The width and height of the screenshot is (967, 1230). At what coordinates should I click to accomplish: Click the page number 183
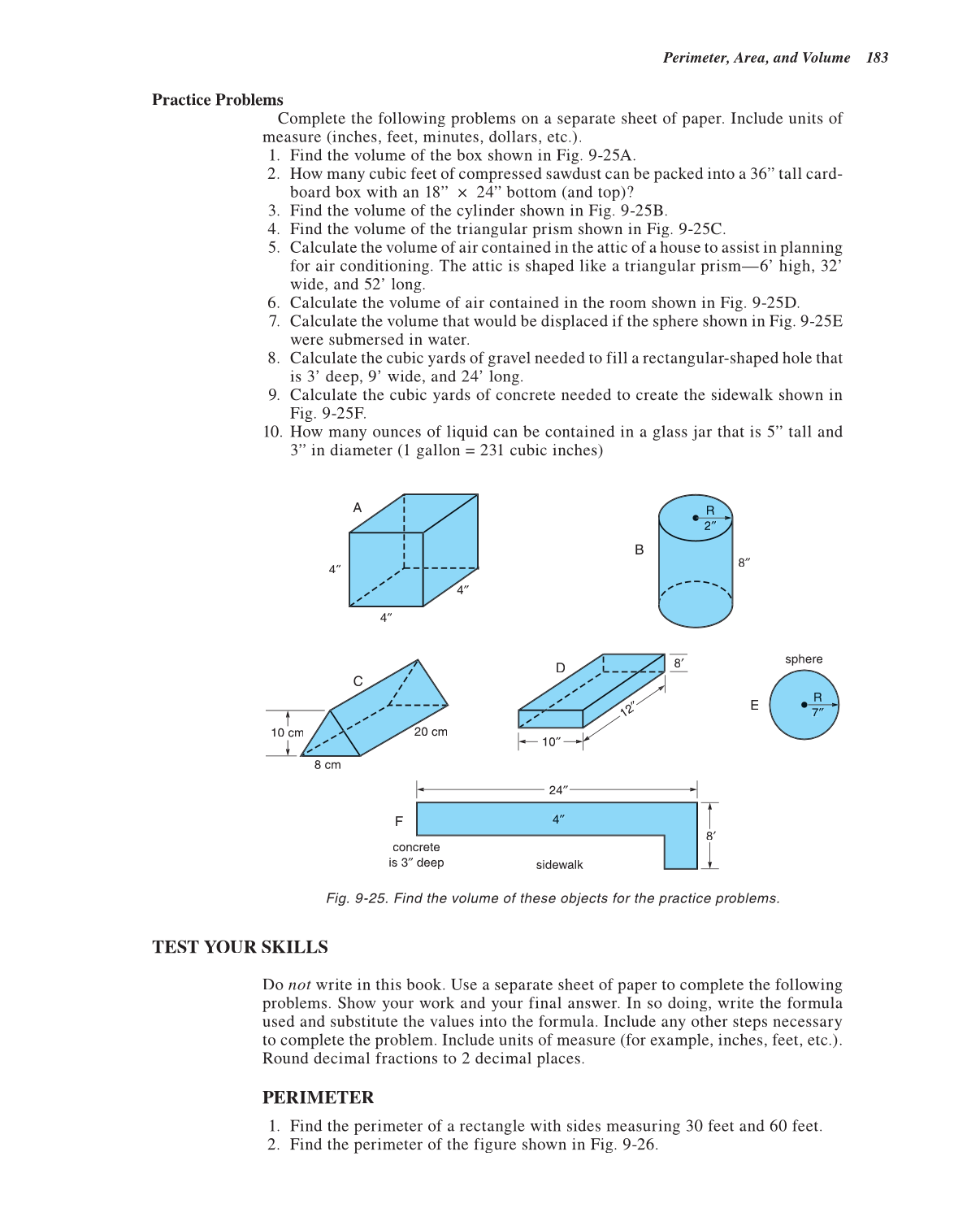[x=877, y=58]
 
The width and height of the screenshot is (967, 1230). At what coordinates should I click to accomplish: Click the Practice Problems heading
[x=218, y=100]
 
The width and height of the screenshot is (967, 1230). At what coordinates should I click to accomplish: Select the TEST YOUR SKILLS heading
[x=240, y=947]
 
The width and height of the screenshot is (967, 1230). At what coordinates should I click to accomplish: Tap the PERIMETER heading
[x=318, y=1097]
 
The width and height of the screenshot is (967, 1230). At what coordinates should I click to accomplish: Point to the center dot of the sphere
[x=804, y=705]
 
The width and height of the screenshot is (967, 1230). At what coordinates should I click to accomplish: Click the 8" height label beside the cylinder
[x=744, y=562]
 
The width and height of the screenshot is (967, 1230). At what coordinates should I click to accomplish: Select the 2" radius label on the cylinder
[x=710, y=526]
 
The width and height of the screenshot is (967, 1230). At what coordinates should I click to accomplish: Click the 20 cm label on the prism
[x=431, y=732]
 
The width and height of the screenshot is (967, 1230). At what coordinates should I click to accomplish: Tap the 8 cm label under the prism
[x=327, y=765]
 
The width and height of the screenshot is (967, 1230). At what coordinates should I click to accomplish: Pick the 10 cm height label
[x=287, y=732]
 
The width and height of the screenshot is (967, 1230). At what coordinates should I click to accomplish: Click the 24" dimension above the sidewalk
[x=557, y=789]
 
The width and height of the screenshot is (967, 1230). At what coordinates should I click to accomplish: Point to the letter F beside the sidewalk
[x=398, y=821]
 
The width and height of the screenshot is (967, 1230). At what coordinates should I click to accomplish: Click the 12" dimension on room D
[x=628, y=708]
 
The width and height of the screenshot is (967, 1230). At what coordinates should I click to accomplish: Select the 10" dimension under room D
[x=551, y=741]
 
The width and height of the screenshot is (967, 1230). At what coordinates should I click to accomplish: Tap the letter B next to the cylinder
[x=639, y=550]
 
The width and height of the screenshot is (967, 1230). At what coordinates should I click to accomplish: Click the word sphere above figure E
[x=804, y=659]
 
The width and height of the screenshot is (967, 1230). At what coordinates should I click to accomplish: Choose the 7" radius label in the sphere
[x=817, y=712]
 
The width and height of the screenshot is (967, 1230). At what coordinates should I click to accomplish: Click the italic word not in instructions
[x=299, y=984]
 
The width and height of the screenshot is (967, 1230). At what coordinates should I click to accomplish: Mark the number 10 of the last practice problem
[x=272, y=432]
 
